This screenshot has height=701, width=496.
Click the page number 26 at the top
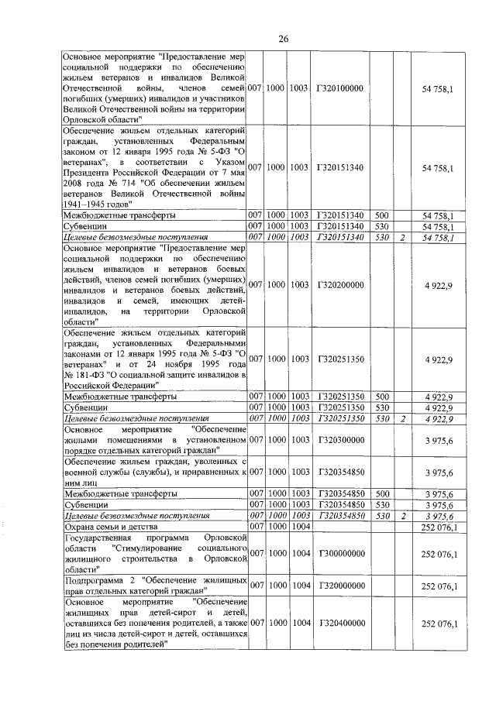283,39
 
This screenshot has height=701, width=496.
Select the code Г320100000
339,89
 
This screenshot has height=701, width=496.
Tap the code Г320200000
339,285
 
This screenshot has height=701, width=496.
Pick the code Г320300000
339,440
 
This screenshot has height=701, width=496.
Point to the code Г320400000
339,624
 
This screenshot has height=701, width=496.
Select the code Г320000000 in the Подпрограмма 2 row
339,586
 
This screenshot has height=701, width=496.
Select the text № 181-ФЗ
85,374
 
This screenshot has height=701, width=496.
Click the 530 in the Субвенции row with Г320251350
381,407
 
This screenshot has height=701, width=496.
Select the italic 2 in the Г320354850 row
402,515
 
